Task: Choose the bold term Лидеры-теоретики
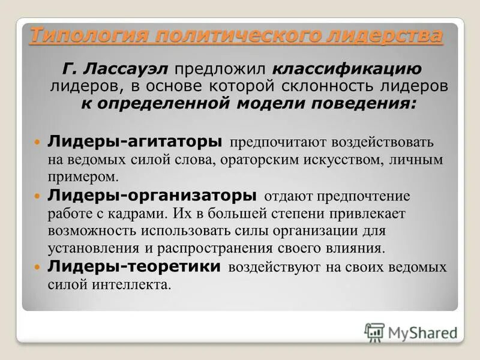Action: [136, 266]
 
